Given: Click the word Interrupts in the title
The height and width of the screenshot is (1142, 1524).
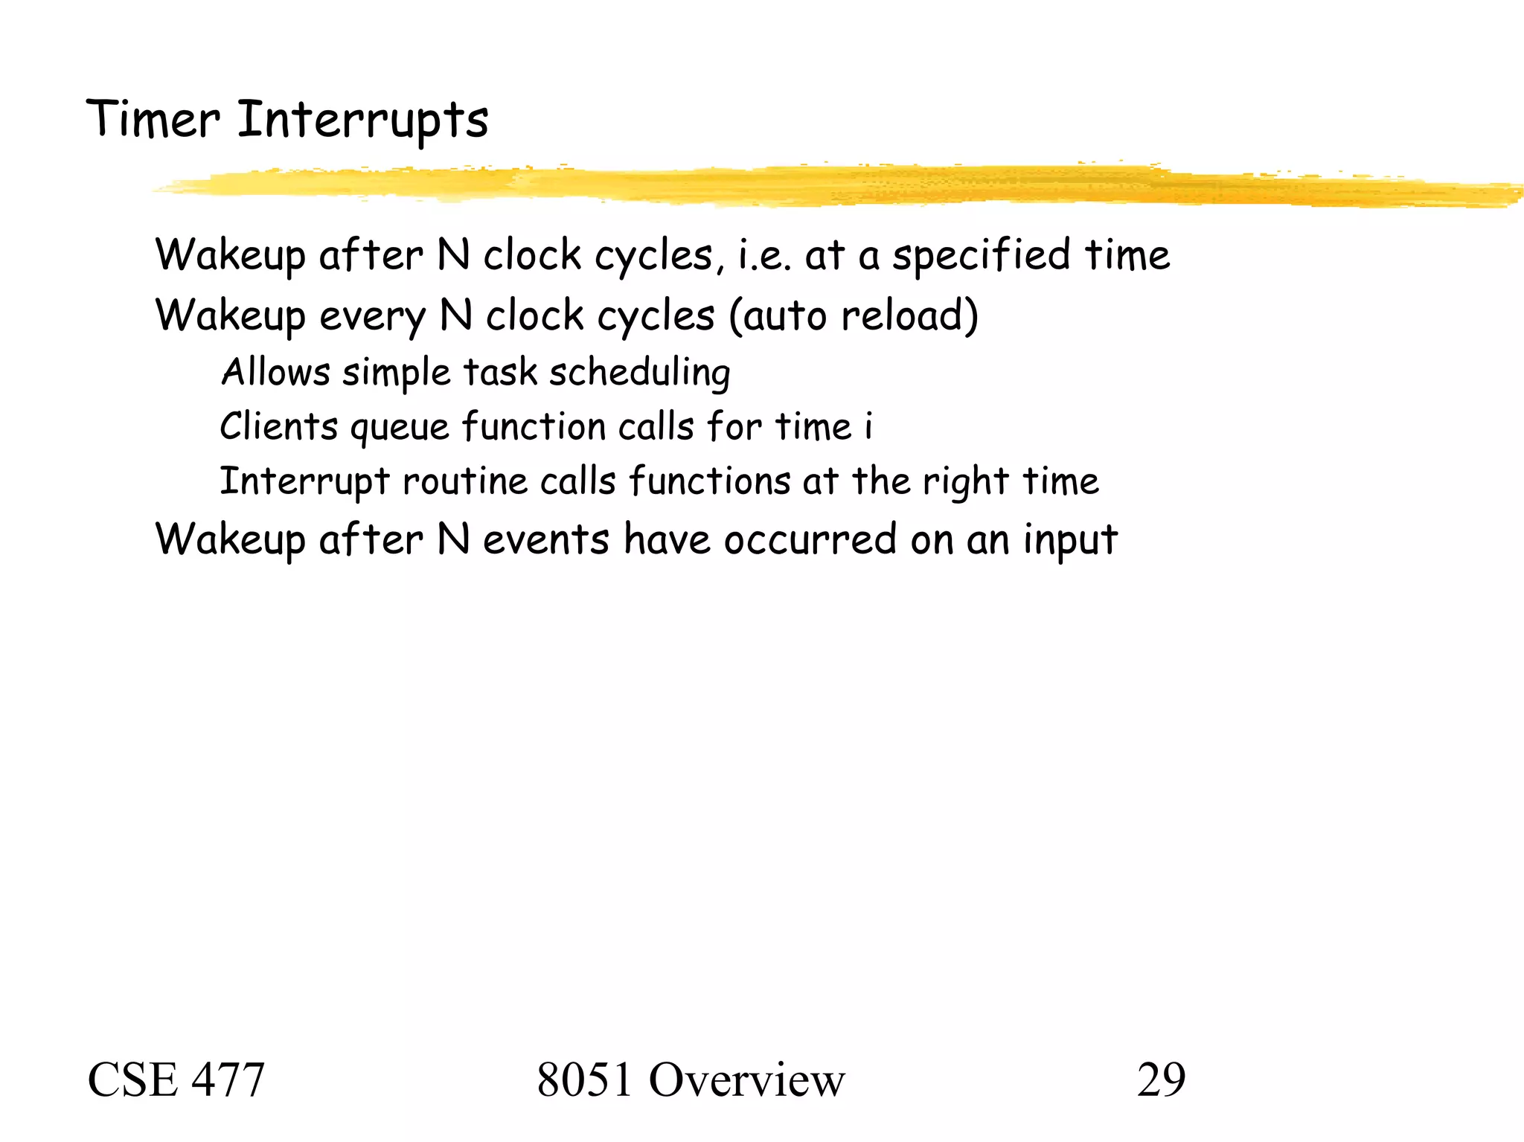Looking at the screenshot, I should click(362, 121).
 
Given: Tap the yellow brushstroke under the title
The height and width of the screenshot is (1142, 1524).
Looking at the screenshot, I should click(819, 185).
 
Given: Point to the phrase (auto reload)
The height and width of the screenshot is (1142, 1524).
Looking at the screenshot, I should click(854, 315).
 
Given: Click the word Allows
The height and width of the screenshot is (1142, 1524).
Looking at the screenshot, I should click(275, 372).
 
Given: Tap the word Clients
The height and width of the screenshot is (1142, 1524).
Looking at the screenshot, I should click(279, 427).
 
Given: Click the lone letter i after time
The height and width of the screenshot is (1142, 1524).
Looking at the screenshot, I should click(868, 426).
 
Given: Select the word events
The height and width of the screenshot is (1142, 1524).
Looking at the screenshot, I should click(546, 539).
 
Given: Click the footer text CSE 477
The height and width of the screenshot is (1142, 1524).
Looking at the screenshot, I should click(176, 1080).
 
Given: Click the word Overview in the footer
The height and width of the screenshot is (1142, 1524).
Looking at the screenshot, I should click(746, 1080).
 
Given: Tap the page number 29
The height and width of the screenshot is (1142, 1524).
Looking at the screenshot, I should click(1161, 1080).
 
